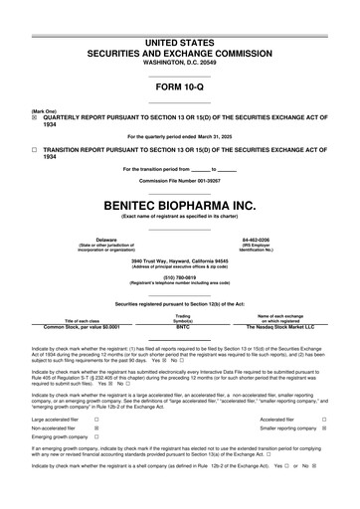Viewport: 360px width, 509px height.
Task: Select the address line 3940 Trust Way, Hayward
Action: (x=179, y=260)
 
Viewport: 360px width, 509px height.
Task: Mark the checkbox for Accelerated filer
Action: (x=324, y=422)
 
